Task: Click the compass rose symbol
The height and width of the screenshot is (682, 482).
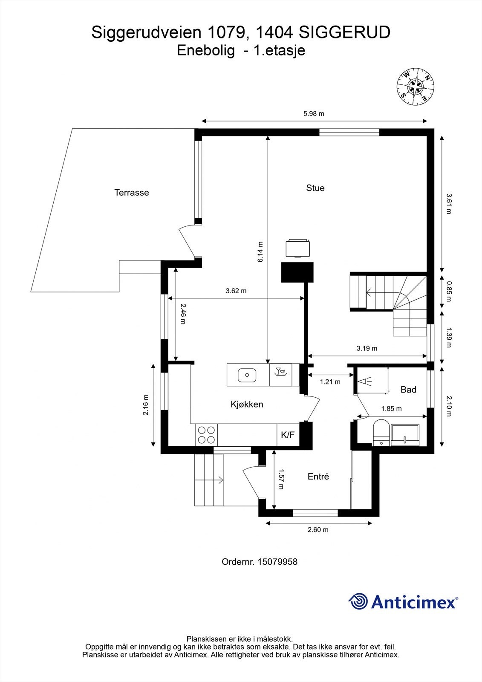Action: click(416, 87)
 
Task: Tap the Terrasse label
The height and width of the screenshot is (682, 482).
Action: click(132, 192)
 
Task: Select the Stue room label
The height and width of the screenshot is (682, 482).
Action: click(315, 188)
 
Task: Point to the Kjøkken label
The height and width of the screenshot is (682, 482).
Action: click(247, 405)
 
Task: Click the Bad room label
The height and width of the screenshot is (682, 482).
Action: click(408, 390)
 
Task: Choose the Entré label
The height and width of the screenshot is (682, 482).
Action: click(318, 476)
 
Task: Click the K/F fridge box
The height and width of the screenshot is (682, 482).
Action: click(288, 435)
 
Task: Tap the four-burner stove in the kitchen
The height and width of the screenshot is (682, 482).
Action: click(206, 435)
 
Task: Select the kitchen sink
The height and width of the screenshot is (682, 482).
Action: click(247, 375)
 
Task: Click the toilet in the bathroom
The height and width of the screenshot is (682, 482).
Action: click(381, 433)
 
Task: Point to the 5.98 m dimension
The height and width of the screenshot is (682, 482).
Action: click(314, 114)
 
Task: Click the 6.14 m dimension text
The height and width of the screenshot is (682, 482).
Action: click(260, 252)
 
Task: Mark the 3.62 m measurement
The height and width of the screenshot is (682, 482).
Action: click(236, 291)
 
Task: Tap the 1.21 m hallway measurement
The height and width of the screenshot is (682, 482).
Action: click(330, 381)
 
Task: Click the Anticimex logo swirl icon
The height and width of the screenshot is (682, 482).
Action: click(358, 601)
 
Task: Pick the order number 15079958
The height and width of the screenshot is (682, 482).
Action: click(277, 562)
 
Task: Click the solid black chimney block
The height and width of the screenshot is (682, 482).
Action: click(297, 272)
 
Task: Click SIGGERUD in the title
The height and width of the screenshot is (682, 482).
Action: click(344, 32)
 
